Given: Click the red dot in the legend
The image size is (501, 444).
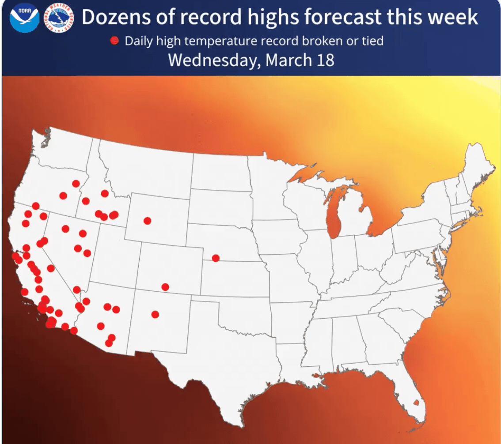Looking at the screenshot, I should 115,41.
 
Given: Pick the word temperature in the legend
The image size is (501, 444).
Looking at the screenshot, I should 225,41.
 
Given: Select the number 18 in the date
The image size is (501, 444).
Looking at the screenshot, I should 325,60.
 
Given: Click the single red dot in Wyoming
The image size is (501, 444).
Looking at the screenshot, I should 147,220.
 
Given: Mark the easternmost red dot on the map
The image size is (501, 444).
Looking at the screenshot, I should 216,258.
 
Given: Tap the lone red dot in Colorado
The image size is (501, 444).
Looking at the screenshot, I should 165,287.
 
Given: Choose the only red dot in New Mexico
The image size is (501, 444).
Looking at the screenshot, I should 155,314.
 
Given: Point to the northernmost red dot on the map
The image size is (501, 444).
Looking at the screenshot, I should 76,183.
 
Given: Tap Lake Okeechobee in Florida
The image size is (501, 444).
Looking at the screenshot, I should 416,403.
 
